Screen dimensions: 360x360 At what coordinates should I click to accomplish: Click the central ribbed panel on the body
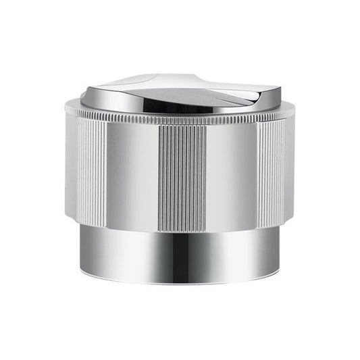[181, 173]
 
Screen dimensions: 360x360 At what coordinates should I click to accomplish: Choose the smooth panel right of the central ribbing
[230, 172]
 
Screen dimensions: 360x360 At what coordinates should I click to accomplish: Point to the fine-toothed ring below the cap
[181, 120]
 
